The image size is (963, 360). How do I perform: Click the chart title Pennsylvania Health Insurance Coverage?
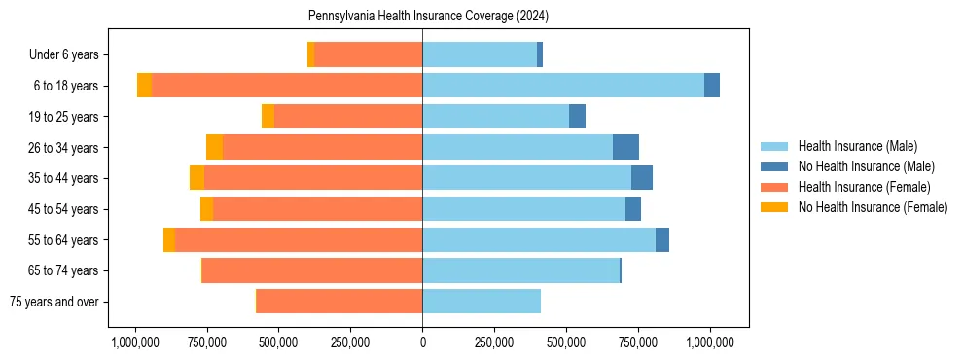click(x=428, y=17)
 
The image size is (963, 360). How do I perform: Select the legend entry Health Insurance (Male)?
click(x=857, y=146)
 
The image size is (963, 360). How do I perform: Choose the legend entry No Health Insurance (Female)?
click(x=873, y=207)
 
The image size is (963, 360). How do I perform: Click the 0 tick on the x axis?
click(x=422, y=342)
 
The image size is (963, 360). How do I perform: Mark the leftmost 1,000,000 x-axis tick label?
click(x=135, y=342)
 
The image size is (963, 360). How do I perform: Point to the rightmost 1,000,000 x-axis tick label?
click(x=710, y=342)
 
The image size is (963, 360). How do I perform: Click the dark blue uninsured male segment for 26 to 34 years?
click(x=625, y=147)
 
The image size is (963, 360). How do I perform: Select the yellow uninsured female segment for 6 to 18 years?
click(x=144, y=86)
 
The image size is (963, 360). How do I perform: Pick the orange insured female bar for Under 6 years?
click(x=368, y=54)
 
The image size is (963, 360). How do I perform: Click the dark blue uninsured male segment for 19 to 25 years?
click(x=577, y=117)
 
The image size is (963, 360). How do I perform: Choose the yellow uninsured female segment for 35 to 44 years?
click(x=196, y=178)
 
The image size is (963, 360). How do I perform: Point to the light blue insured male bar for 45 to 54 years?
click(x=523, y=209)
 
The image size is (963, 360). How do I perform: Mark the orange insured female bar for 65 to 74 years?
click(x=312, y=270)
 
